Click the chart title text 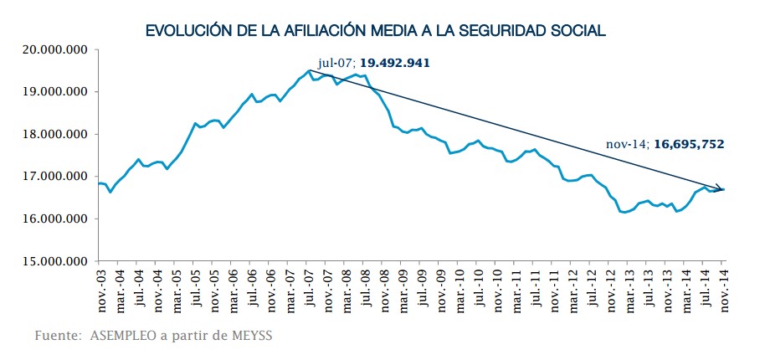point(375,30)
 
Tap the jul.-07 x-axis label point(309,288)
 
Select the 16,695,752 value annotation point(686,144)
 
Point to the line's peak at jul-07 point(309,71)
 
